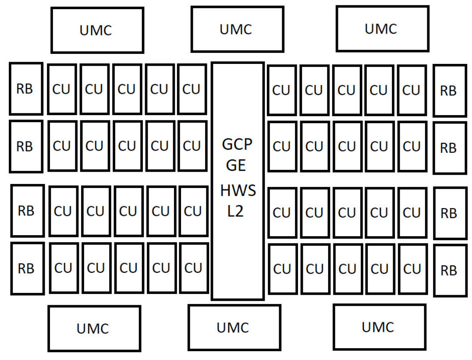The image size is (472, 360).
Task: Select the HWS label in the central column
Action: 238,191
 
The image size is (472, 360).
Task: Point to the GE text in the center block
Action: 238,166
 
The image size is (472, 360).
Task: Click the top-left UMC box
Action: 97,30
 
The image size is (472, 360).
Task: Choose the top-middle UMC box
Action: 237,29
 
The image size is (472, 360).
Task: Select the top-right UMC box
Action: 382,28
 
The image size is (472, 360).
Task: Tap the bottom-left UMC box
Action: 94,328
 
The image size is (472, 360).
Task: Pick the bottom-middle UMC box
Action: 234,327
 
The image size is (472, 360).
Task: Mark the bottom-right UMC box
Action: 379,327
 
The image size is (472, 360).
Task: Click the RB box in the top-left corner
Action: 26,89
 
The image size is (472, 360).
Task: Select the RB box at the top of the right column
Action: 449,91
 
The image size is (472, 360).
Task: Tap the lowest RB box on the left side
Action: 27,268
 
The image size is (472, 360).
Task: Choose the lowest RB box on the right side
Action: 450,270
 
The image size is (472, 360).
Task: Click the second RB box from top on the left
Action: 26,146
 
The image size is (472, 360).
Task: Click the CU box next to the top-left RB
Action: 62,89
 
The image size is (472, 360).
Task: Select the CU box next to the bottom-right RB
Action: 412,269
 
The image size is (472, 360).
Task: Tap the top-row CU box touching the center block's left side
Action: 192,89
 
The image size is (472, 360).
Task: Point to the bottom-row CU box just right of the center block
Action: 282,269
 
